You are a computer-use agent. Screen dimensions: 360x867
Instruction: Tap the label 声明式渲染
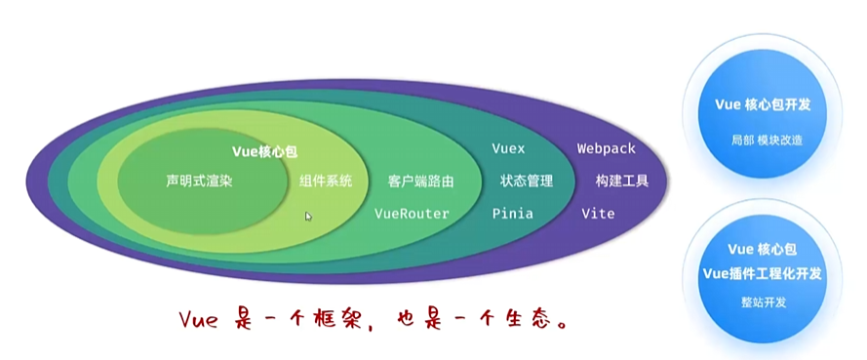199,181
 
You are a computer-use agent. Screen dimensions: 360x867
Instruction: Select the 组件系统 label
326,181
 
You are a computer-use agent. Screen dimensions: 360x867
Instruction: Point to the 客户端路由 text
420,181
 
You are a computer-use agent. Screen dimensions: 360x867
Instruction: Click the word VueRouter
412,213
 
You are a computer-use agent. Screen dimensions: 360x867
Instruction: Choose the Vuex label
508,149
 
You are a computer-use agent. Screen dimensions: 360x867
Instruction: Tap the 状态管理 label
527,181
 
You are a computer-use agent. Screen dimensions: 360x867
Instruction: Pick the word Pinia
512,213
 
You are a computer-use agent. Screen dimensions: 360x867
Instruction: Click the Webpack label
606,149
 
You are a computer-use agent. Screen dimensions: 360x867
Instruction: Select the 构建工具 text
622,181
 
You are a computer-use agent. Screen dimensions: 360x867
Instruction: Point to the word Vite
598,213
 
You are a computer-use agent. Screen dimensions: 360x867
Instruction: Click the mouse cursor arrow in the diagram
308,217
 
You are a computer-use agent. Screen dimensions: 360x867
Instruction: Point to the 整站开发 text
764,302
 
